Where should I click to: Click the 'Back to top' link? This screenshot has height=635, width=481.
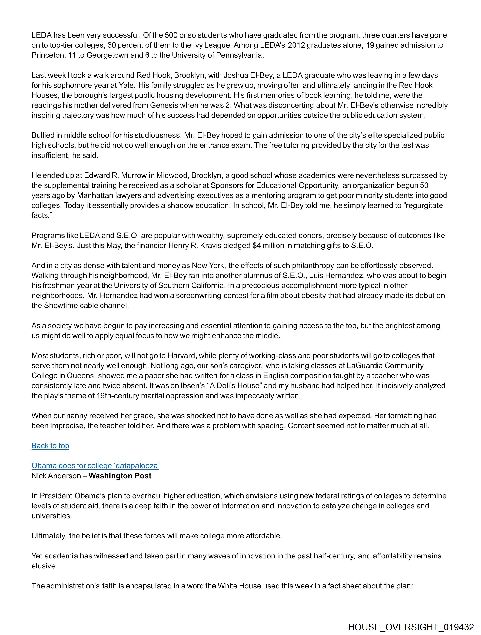click(50, 446)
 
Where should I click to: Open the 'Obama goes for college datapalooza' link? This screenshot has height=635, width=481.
click(95, 466)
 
